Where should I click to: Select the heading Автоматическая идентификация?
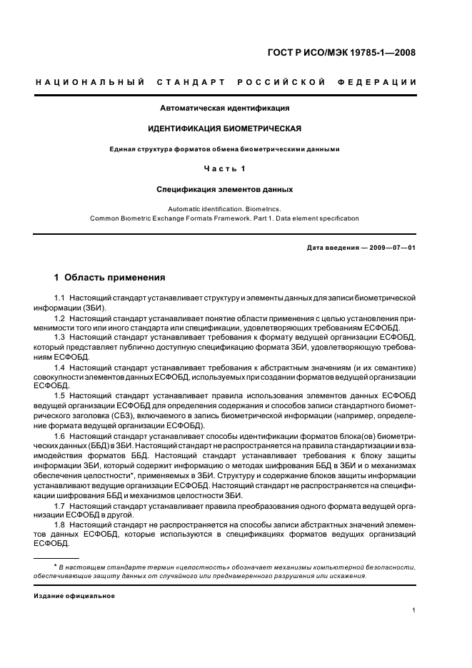coord(225,108)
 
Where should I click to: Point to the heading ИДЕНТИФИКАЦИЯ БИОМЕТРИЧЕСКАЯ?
coord(224,129)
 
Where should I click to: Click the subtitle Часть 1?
coord(225,169)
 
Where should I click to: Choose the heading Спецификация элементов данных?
coord(225,190)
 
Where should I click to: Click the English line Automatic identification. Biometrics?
coord(224,209)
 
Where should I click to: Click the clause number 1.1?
coord(60,297)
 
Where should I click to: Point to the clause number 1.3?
coord(60,336)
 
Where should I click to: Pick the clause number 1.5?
coord(60,395)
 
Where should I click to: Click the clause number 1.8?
coord(60,525)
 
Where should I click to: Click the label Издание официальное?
coord(74,595)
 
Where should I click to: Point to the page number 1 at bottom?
coord(414,610)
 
